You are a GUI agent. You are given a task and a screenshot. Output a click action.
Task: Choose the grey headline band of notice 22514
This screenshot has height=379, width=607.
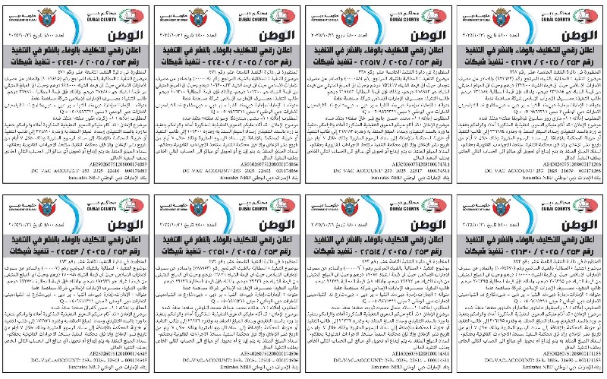tap(379, 251)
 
